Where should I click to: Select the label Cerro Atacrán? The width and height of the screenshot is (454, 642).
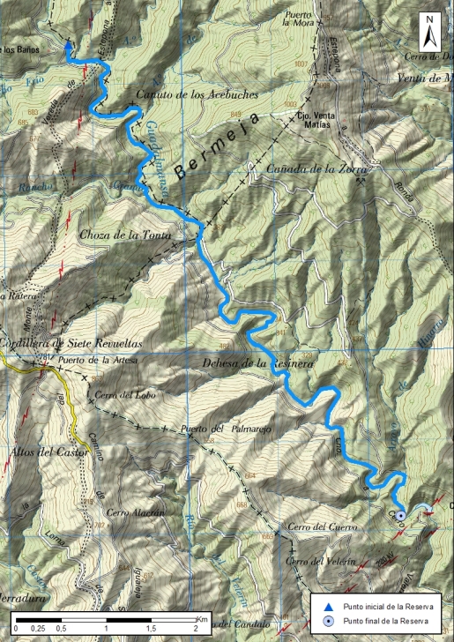click(x=135, y=513)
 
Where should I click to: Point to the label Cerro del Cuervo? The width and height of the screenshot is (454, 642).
click(x=315, y=528)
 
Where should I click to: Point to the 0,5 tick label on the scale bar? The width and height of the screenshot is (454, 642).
click(x=61, y=629)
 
